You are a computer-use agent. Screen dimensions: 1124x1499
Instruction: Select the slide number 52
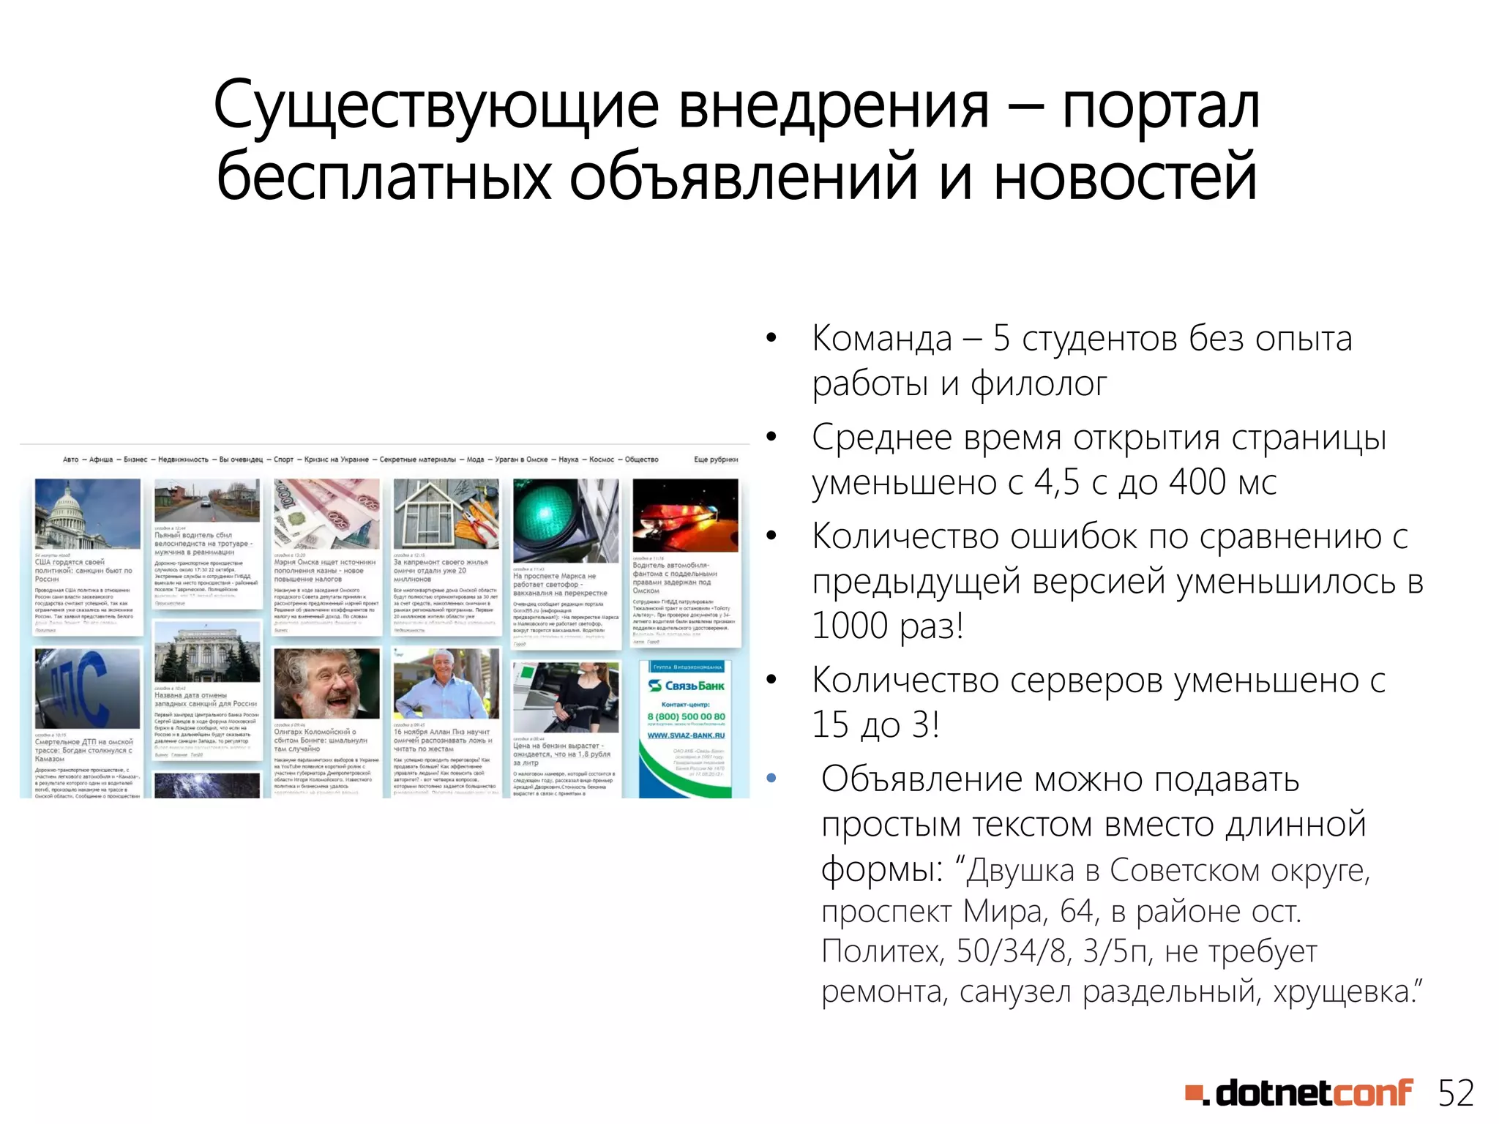point(1455,1093)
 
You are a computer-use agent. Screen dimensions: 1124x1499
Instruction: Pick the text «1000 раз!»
point(887,626)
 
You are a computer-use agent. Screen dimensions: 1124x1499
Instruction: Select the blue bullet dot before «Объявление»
point(771,779)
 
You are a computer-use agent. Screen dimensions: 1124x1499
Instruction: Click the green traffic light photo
point(565,520)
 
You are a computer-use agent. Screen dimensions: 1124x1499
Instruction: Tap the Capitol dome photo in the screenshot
point(87,514)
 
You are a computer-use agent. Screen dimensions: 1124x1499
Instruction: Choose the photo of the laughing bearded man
point(326,683)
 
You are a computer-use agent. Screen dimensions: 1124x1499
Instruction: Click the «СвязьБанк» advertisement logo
point(686,686)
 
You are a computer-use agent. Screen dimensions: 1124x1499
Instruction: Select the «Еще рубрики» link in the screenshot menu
point(715,460)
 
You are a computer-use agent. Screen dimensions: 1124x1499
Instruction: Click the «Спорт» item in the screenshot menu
point(283,460)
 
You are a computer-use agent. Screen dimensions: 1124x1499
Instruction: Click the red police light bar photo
point(685,514)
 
